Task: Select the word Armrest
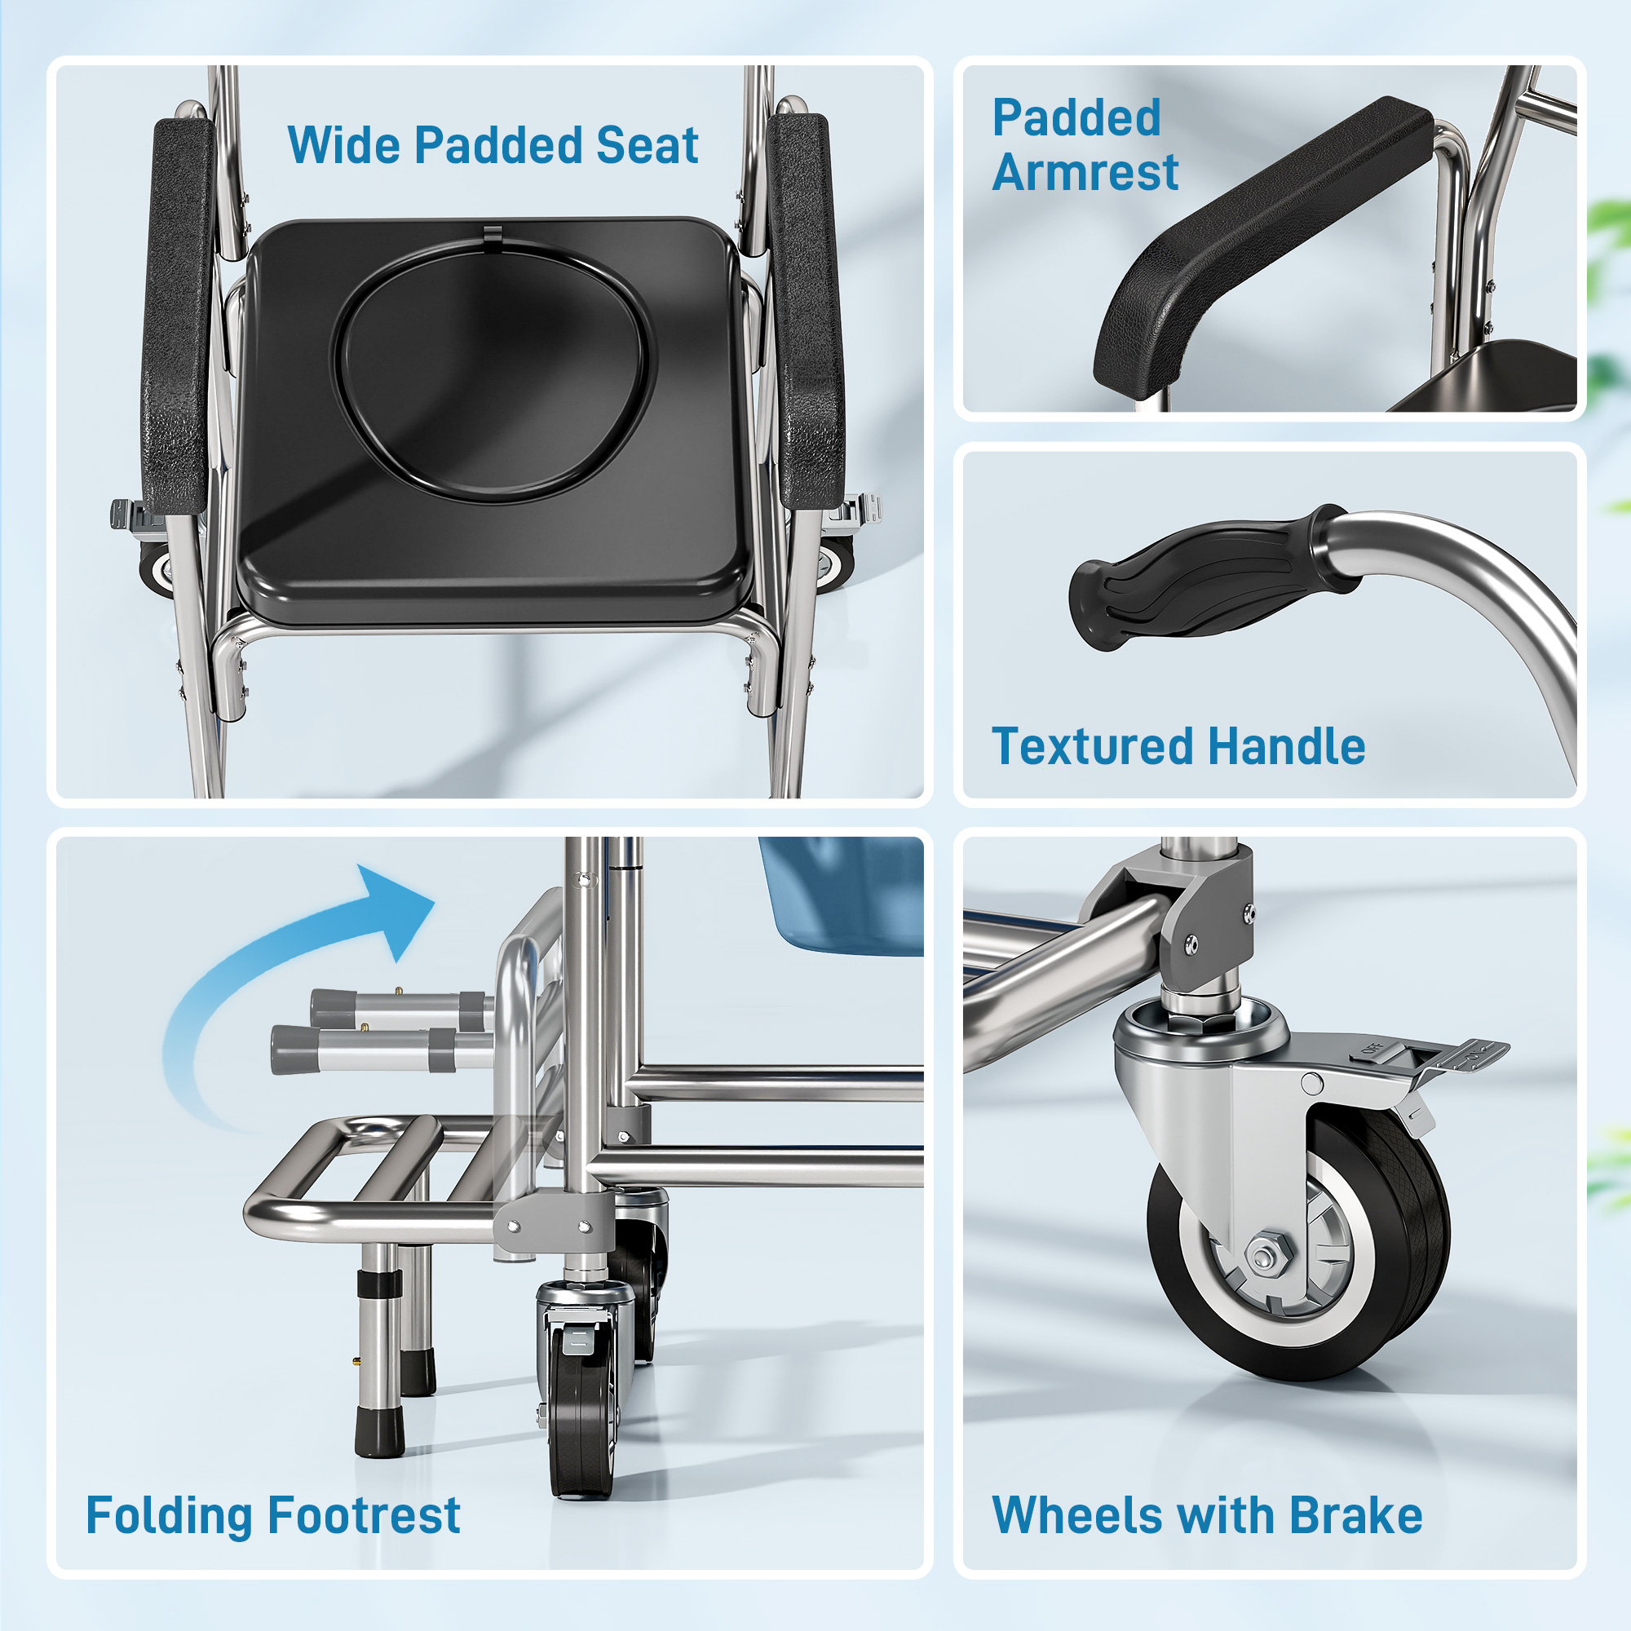[1085, 173]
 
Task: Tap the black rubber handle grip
[1199, 582]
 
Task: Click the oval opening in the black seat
[494, 371]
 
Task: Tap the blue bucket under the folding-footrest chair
[844, 895]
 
